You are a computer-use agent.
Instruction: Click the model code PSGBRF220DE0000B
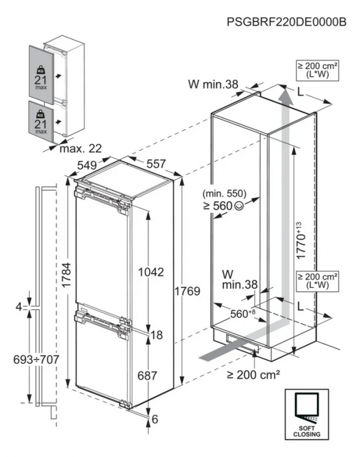286,22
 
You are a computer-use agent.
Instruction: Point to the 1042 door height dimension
151,272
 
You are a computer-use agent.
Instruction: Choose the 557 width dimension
155,163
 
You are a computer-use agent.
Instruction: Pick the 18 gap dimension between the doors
155,335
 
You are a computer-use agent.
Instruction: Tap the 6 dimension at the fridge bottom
155,419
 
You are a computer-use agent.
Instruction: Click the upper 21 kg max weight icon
40,76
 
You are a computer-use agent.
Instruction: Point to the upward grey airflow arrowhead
286,95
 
